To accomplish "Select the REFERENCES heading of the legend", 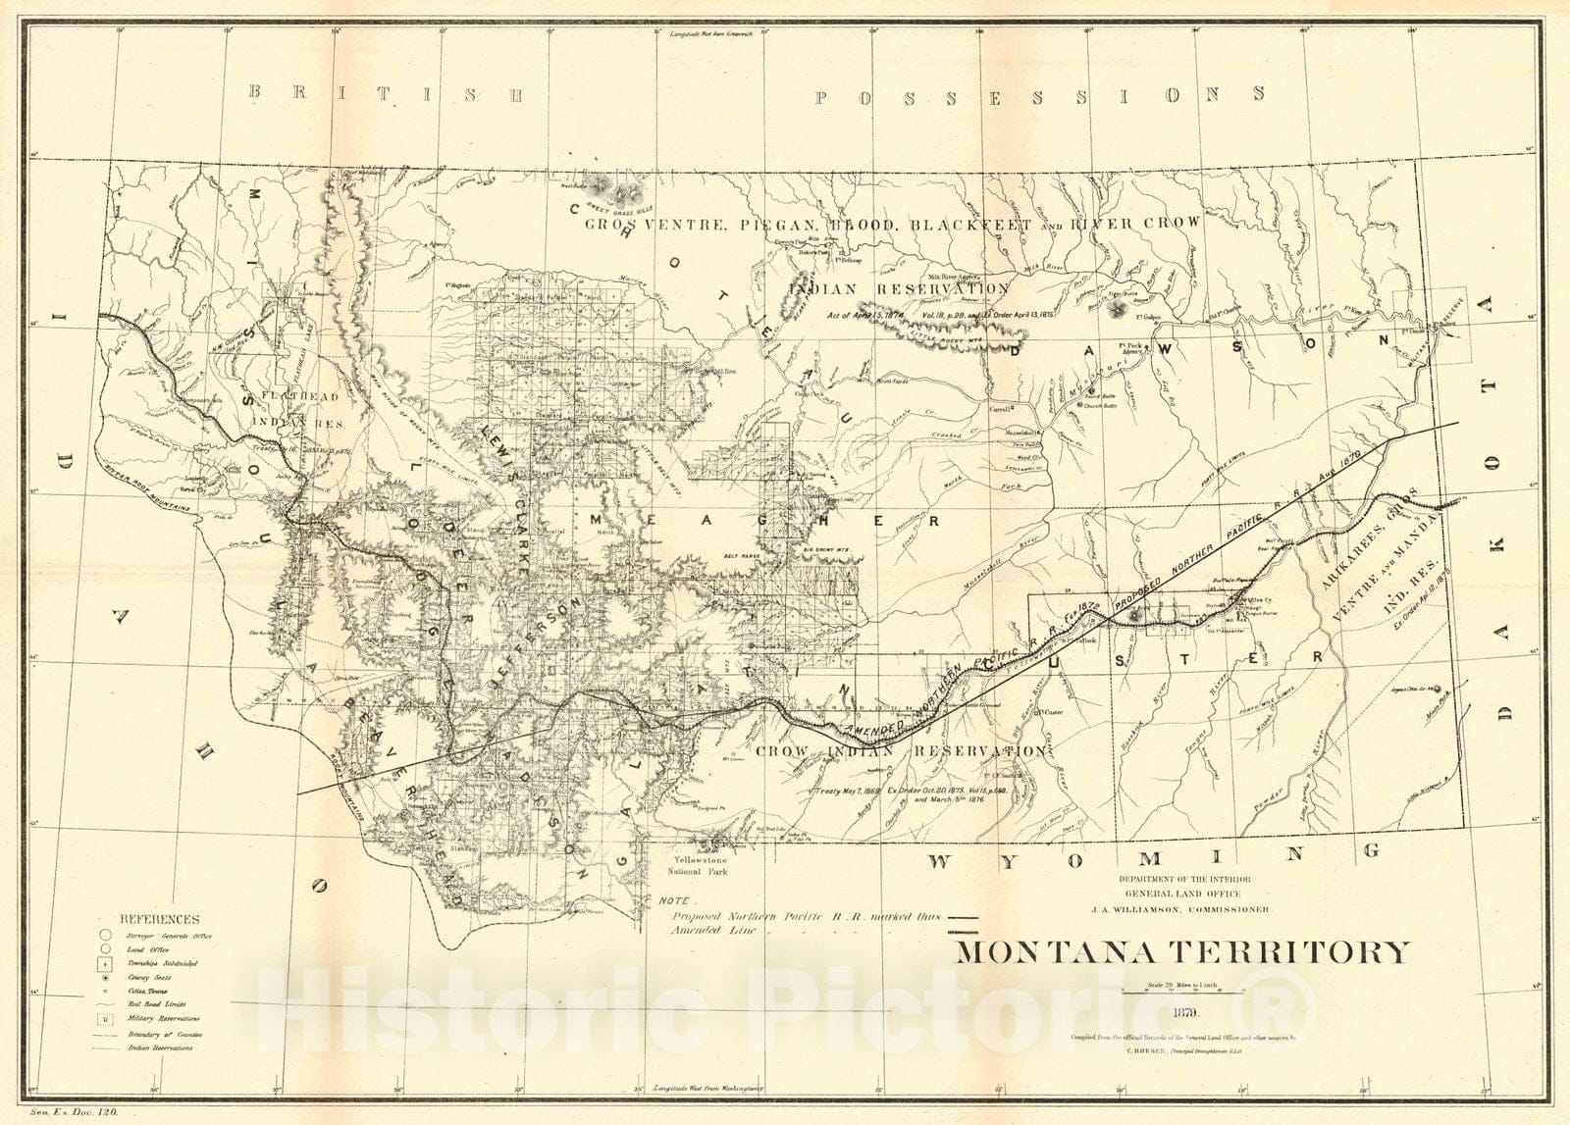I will [159, 919].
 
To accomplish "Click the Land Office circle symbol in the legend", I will [105, 949].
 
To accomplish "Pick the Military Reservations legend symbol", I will [105, 1019].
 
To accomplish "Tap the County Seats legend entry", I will [143, 978].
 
